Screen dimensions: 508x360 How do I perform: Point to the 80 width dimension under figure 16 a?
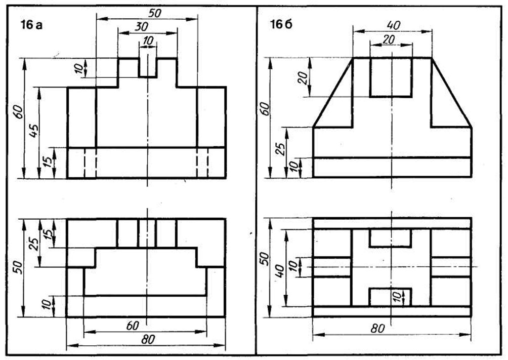(x=147, y=340)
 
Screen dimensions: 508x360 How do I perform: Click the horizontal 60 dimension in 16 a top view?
(x=133, y=326)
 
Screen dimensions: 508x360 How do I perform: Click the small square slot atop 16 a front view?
(x=147, y=67)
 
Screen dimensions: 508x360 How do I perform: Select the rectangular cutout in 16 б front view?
(x=390, y=77)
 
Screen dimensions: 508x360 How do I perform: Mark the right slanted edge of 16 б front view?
(x=451, y=92)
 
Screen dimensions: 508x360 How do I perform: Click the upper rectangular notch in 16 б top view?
(x=390, y=238)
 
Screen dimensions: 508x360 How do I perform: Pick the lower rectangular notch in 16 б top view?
(x=390, y=297)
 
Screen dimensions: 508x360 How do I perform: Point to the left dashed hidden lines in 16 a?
(x=90, y=164)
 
